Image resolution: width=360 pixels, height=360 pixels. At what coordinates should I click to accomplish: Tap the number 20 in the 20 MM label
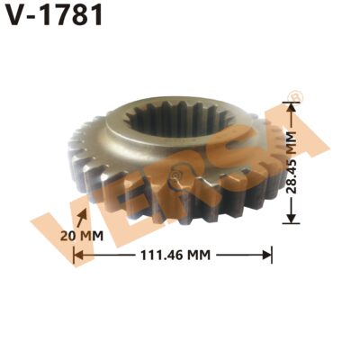point(67,236)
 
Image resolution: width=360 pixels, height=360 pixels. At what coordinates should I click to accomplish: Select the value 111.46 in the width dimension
point(162,255)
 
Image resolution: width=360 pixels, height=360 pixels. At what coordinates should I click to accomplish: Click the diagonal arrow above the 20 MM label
point(84,217)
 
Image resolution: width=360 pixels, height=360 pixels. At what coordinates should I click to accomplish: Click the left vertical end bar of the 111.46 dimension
point(74,255)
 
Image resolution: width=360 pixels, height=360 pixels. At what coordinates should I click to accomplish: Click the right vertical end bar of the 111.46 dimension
point(272,255)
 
